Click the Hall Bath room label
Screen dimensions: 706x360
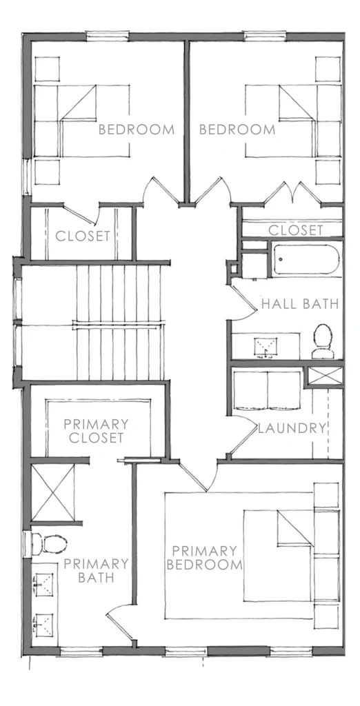point(299,303)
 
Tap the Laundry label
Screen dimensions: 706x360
point(291,428)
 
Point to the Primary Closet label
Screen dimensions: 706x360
point(96,431)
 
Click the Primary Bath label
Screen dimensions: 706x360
point(96,571)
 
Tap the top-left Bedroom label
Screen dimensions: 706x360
point(136,129)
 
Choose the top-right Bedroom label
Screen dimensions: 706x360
point(237,129)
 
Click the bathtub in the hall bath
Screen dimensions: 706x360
point(306,261)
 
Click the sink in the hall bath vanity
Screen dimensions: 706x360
point(263,345)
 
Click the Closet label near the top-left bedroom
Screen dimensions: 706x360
point(83,236)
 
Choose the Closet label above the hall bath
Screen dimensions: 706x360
point(295,230)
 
